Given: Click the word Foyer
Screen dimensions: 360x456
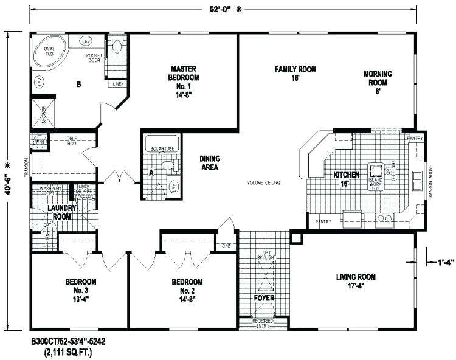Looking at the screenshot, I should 264,298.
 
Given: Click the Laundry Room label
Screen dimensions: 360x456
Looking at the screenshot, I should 61,212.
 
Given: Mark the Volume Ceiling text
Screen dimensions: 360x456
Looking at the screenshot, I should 263,182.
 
